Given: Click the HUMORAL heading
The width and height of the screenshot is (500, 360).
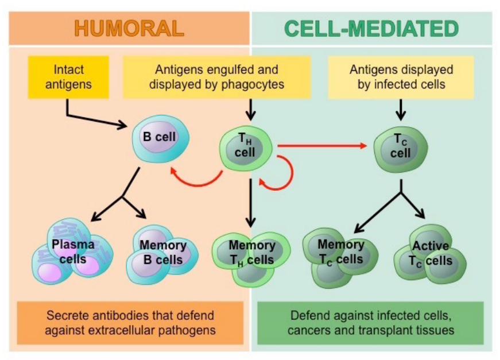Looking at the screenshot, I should pyautogui.click(x=129, y=28).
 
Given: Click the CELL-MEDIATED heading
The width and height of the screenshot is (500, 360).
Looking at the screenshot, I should pyautogui.click(x=372, y=28).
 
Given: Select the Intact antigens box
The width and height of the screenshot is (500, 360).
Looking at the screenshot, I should pyautogui.click(x=69, y=77).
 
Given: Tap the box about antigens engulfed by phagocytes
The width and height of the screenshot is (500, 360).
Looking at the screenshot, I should pyautogui.click(x=216, y=77).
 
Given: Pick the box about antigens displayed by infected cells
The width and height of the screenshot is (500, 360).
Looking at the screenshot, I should pyautogui.click(x=401, y=77).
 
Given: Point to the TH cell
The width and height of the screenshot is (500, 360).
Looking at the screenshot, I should pyautogui.click(x=246, y=146).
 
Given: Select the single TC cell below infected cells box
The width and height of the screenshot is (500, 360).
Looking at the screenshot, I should pyautogui.click(x=400, y=146).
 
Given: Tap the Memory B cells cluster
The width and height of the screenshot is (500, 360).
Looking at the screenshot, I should pyautogui.click(x=163, y=253).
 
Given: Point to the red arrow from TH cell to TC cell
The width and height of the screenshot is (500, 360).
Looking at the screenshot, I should pyautogui.click(x=321, y=146).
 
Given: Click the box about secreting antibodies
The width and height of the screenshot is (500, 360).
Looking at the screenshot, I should pyautogui.click(x=130, y=322).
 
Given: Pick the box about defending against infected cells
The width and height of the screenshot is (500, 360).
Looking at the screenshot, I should pyautogui.click(x=371, y=322).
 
